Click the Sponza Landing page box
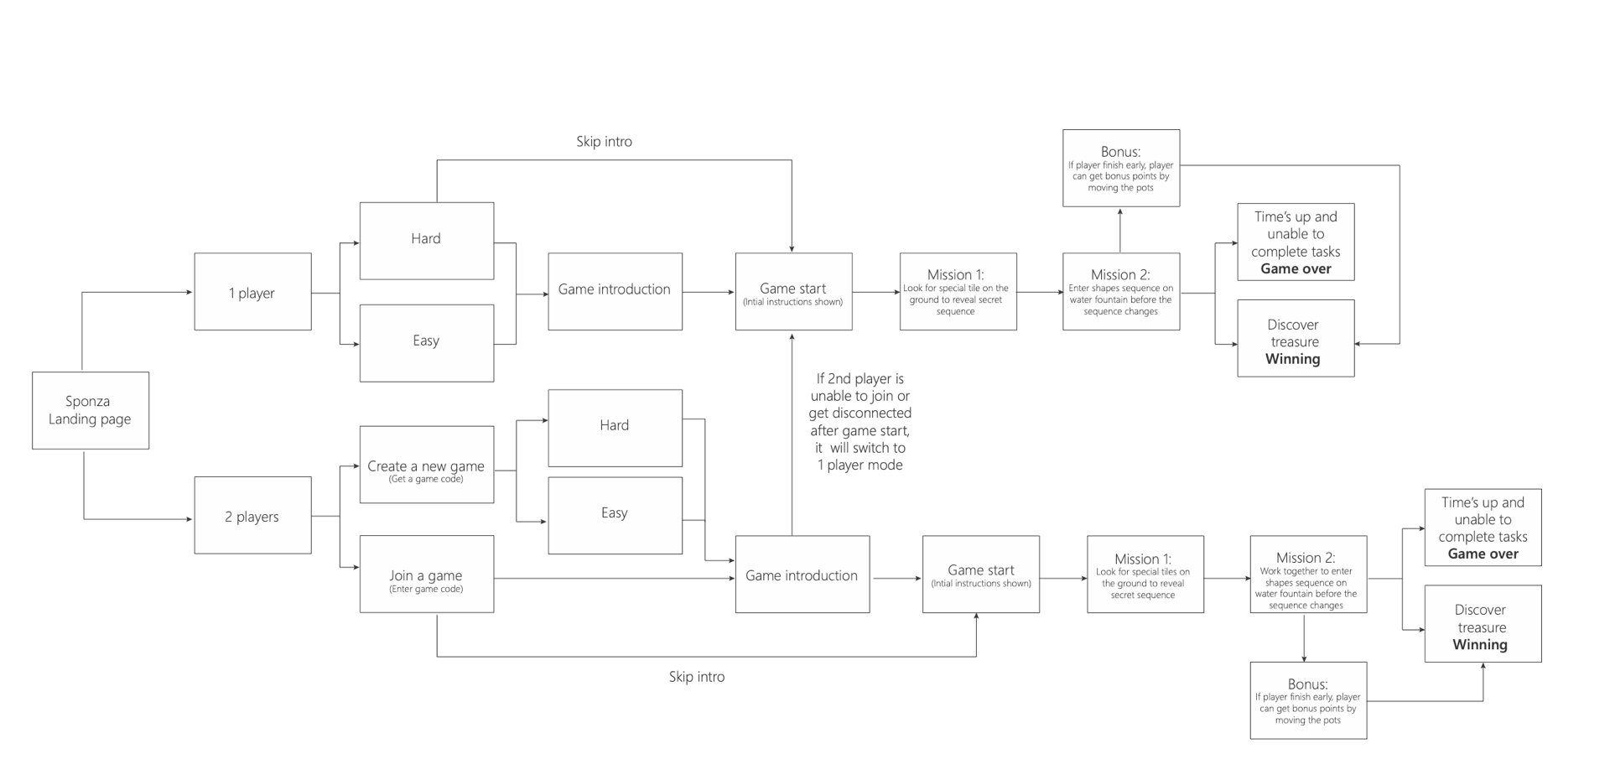coord(91,410)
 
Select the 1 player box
coord(252,292)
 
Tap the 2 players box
coord(252,515)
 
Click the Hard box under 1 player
coord(427,241)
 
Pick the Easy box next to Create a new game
coord(615,515)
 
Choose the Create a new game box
coord(427,465)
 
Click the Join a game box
coord(427,574)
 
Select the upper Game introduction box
coord(615,292)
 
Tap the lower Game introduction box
coord(802,574)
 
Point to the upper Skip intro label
coord(604,142)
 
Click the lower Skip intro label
coord(697,677)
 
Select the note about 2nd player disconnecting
coord(860,422)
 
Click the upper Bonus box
coord(1121,168)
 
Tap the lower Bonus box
coord(1308,700)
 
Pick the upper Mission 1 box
coord(958,292)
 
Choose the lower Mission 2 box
coord(1308,574)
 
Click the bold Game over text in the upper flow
coord(1296,269)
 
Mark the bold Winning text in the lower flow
coord(1480,645)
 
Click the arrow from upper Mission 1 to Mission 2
coord(1040,293)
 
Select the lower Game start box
coord(981,574)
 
